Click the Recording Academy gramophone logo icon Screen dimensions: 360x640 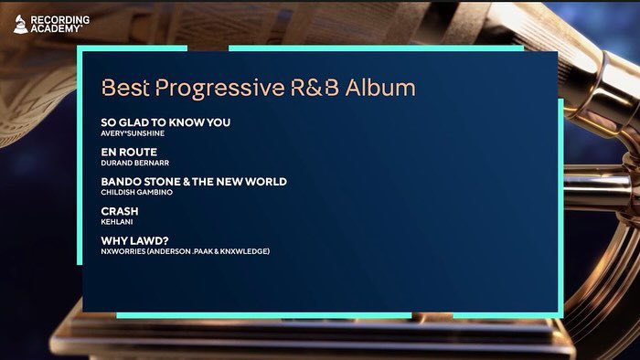[x=19, y=23]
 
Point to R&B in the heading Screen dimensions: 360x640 [x=315, y=88]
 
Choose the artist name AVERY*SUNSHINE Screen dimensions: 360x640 [x=133, y=133]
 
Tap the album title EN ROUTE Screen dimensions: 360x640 [x=129, y=152]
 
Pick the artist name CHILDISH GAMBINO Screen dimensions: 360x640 [x=137, y=193]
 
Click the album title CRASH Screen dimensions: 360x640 [x=120, y=211]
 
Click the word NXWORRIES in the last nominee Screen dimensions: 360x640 [x=123, y=251]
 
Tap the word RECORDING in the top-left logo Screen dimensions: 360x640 [x=60, y=18]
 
